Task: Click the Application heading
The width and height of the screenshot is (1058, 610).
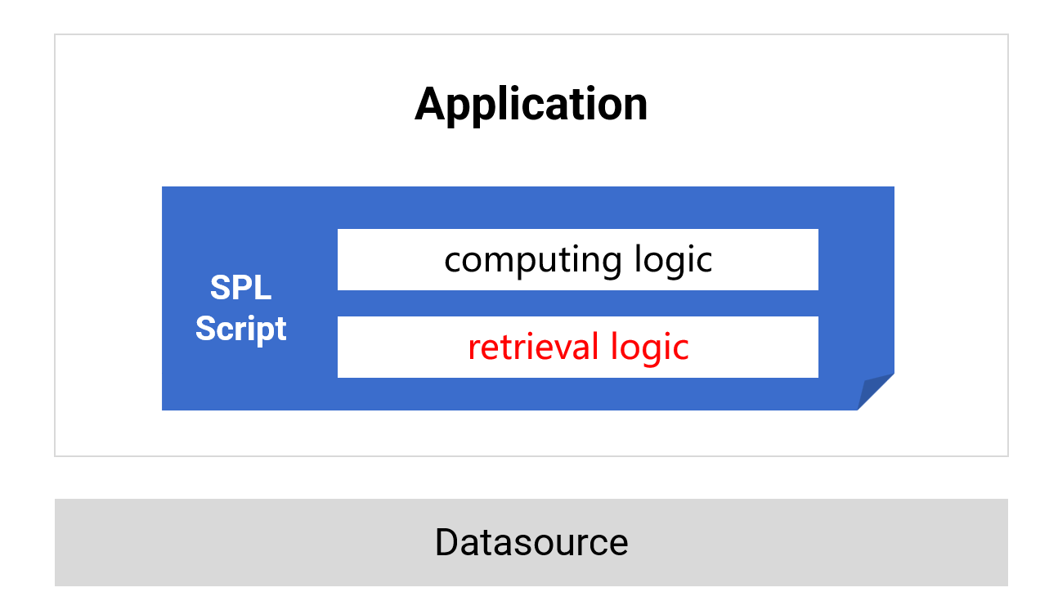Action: (x=531, y=105)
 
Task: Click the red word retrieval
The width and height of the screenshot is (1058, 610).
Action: (x=534, y=347)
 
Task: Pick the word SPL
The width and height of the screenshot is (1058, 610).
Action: (x=240, y=289)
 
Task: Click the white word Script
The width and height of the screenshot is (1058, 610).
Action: (x=240, y=329)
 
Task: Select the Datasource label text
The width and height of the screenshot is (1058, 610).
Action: (x=531, y=542)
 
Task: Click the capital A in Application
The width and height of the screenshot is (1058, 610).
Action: (x=431, y=105)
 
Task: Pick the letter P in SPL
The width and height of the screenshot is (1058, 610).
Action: (x=241, y=289)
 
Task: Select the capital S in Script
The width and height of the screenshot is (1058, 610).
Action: (x=205, y=329)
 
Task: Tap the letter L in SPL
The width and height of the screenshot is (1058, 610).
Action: (x=262, y=289)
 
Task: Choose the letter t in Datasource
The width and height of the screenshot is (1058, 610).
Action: (x=486, y=543)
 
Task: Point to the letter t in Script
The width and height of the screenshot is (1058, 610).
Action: (x=280, y=329)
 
